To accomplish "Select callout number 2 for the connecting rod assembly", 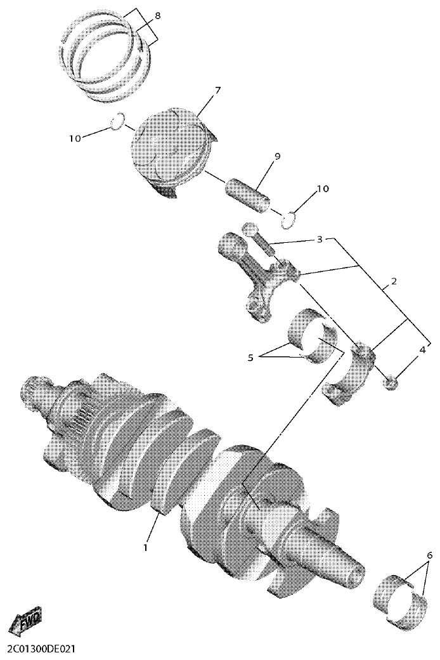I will [394, 281].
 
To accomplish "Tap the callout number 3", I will [320, 240].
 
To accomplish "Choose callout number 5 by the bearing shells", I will [250, 358].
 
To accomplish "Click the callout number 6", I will [430, 555].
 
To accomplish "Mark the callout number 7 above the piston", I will [217, 90].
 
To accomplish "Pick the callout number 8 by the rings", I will [157, 15].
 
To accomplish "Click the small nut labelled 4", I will [391, 382].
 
